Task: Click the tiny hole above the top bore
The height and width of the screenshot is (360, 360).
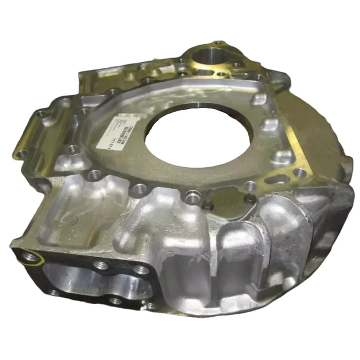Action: click(220, 43)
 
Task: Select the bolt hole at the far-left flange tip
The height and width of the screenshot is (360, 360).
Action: click(21, 154)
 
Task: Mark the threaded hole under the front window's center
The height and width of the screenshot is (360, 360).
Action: click(116, 300)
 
